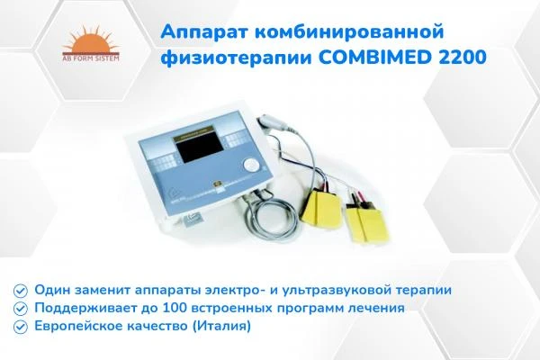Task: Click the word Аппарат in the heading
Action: coord(201,32)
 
